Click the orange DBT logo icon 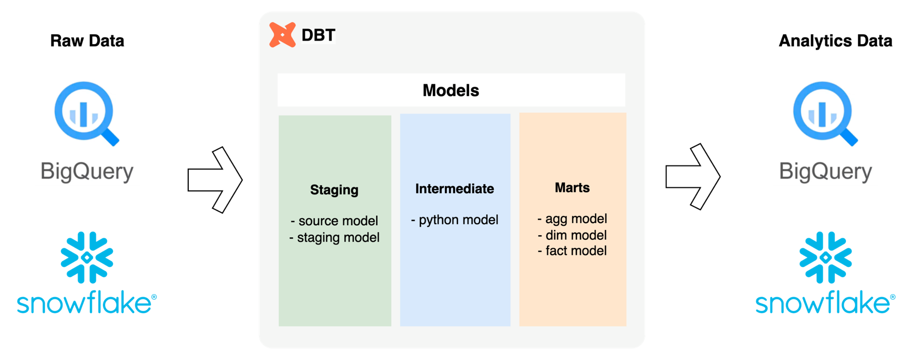coord(282,35)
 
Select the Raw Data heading coord(87,41)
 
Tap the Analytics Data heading coord(835,41)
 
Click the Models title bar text coord(450,91)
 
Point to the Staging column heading coord(334,190)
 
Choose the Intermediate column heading coord(454,189)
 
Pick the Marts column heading coord(572,188)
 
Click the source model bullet coord(334,221)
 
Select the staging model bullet coord(334,238)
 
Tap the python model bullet coord(455,220)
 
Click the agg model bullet coord(572,219)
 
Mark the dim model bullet coord(572,235)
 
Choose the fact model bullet coord(572,251)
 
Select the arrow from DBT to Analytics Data coord(692,177)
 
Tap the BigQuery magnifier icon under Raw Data coord(86,113)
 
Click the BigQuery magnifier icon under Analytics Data coord(825,113)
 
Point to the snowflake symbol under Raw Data coord(87,257)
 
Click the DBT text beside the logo coord(318,35)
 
